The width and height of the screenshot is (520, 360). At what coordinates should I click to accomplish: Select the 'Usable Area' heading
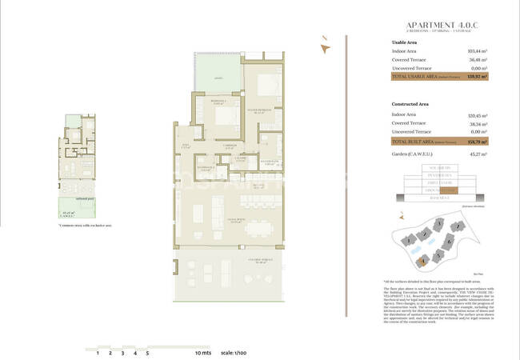coord(405,42)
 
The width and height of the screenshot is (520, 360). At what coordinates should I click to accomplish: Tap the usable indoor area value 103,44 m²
coord(478,50)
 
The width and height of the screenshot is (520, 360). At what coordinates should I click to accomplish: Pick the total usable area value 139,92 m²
coord(478,78)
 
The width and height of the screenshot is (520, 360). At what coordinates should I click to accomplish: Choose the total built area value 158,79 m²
coord(478,141)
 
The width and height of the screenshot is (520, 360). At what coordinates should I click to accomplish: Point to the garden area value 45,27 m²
coord(478,154)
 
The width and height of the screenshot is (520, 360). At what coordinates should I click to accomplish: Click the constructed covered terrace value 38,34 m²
coord(478,124)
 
